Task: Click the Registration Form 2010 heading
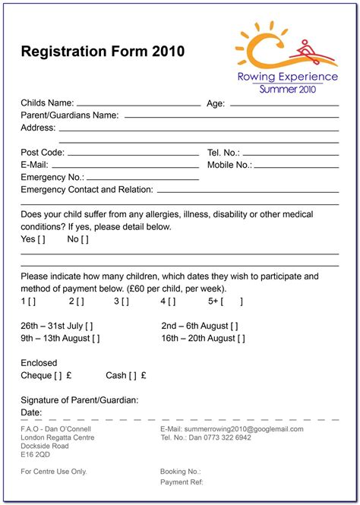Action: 103,52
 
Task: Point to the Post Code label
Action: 43,153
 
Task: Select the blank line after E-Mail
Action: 125,166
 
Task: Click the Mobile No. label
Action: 229,165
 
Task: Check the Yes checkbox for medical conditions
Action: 41,240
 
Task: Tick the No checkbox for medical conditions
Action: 84,240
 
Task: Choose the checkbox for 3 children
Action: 125,301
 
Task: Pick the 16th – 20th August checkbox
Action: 242,339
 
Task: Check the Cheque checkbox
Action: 58,375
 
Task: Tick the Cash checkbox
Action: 133,375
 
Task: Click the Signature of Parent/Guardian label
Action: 80,400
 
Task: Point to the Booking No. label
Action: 180,472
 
